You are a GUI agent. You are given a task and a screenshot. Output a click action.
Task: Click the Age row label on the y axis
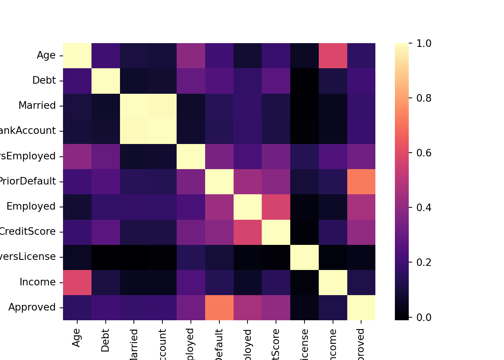click(x=46, y=55)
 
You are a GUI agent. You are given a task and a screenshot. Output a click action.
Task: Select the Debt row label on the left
click(x=44, y=81)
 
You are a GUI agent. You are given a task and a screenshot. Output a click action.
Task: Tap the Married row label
click(x=37, y=106)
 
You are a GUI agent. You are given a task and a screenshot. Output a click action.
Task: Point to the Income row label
click(x=37, y=282)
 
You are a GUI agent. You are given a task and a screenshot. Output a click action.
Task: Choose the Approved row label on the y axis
click(x=32, y=307)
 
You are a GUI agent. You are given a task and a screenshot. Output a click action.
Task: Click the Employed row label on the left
click(x=31, y=207)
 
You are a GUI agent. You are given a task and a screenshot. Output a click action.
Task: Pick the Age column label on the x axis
click(x=76, y=338)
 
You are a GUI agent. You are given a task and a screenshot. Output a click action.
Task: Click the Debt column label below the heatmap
click(x=105, y=340)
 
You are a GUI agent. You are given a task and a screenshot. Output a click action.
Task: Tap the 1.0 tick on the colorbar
click(x=424, y=43)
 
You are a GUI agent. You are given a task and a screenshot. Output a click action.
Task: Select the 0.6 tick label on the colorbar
click(x=424, y=153)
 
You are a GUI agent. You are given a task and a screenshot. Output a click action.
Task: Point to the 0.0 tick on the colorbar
click(x=424, y=318)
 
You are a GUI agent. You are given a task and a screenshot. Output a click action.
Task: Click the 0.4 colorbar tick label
click(x=424, y=208)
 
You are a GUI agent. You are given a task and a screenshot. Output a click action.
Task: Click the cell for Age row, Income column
click(x=333, y=55)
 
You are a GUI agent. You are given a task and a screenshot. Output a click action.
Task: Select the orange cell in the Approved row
click(x=219, y=307)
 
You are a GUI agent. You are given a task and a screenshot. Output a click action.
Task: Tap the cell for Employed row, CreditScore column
click(x=276, y=207)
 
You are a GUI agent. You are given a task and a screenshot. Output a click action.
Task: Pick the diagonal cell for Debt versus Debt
click(x=105, y=81)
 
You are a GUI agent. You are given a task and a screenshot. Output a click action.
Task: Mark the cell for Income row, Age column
click(x=77, y=282)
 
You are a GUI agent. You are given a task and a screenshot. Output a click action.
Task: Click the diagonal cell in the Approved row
click(x=361, y=307)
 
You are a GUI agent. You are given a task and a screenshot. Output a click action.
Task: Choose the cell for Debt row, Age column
click(x=77, y=81)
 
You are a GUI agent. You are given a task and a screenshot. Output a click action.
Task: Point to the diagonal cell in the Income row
click(x=333, y=282)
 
